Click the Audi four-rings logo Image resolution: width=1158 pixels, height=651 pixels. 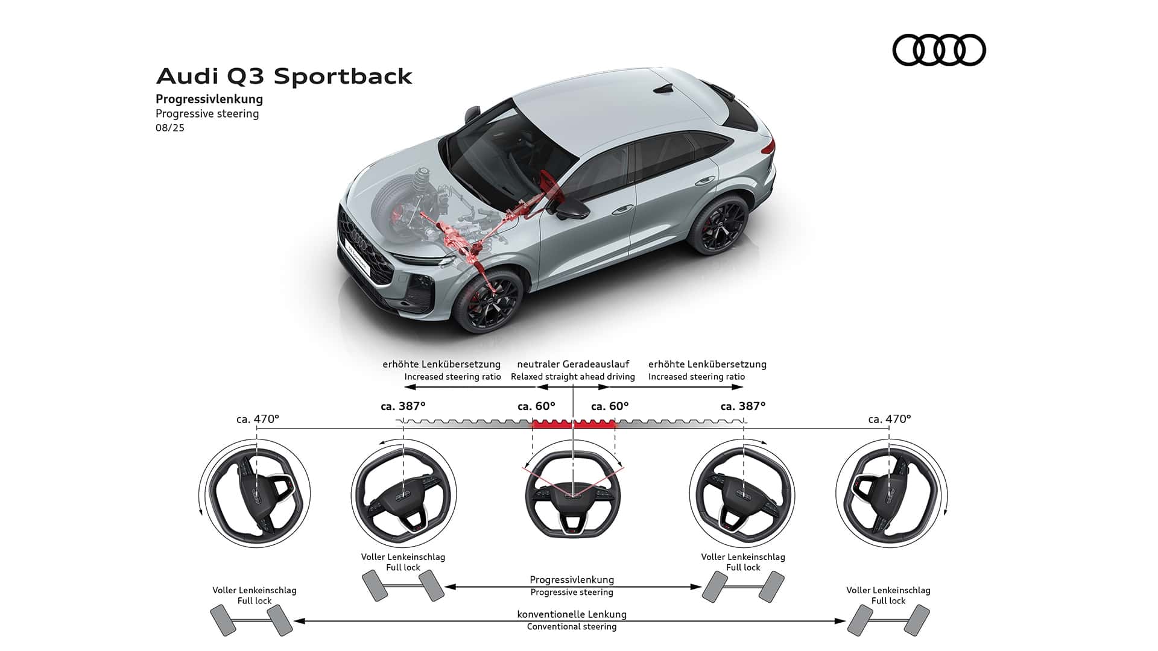(x=938, y=49)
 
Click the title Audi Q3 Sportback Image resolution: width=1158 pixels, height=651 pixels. (x=284, y=77)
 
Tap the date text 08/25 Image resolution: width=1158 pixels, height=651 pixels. (x=170, y=128)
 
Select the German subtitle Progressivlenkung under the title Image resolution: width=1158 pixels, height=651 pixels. (x=209, y=99)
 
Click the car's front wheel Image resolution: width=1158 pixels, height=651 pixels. (x=487, y=300)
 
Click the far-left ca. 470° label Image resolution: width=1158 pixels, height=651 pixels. (x=258, y=418)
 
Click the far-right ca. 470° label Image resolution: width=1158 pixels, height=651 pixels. (x=890, y=418)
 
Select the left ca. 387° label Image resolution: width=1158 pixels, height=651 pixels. (x=403, y=406)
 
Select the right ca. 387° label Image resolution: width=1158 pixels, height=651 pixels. (x=743, y=406)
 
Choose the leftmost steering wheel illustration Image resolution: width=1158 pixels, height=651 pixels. (x=255, y=493)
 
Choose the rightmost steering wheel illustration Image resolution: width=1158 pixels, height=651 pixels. (x=891, y=493)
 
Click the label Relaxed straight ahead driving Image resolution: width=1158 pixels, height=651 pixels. (x=572, y=377)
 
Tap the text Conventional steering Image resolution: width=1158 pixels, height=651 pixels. (x=572, y=627)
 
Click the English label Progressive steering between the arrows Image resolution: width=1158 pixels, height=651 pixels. (x=572, y=593)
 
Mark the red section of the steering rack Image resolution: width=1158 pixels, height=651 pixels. (x=573, y=424)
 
